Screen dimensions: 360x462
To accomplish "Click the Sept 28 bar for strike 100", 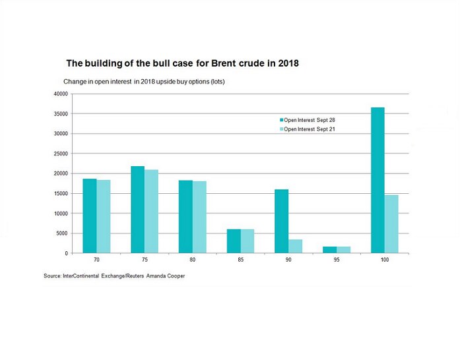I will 378,180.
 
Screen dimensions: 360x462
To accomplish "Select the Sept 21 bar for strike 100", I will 391,224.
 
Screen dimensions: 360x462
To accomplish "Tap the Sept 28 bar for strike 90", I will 282,221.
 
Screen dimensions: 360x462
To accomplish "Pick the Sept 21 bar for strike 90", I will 296,246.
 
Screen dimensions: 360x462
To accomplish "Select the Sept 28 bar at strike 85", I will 234,241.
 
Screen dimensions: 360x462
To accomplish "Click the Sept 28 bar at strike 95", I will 330,249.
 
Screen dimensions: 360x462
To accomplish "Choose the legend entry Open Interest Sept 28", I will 310,120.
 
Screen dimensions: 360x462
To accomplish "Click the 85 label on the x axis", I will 240,260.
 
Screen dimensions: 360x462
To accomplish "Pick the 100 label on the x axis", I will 384,260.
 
